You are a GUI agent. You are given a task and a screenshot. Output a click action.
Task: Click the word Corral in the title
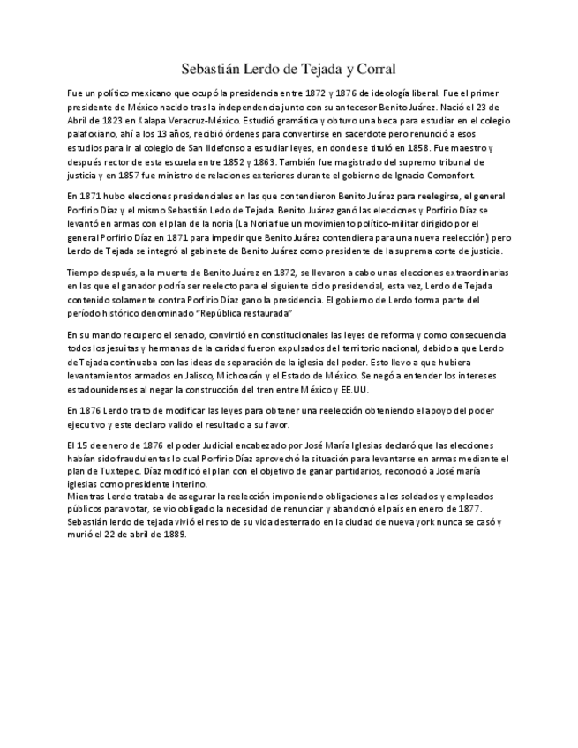pos(374,68)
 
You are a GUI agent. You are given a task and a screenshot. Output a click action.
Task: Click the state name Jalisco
pos(235,378)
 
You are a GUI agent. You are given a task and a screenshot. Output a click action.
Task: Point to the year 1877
pos(467,510)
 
